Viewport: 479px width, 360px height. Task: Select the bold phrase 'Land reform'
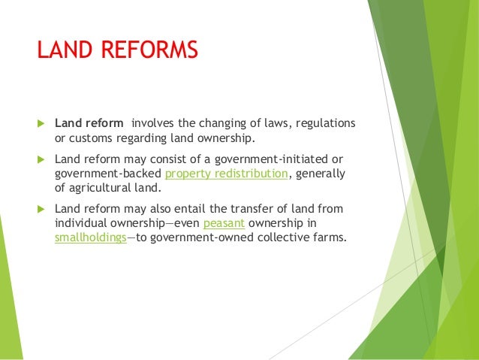(89, 123)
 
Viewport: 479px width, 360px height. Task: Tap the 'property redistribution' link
(226, 174)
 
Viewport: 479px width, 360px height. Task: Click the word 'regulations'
(324, 123)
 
